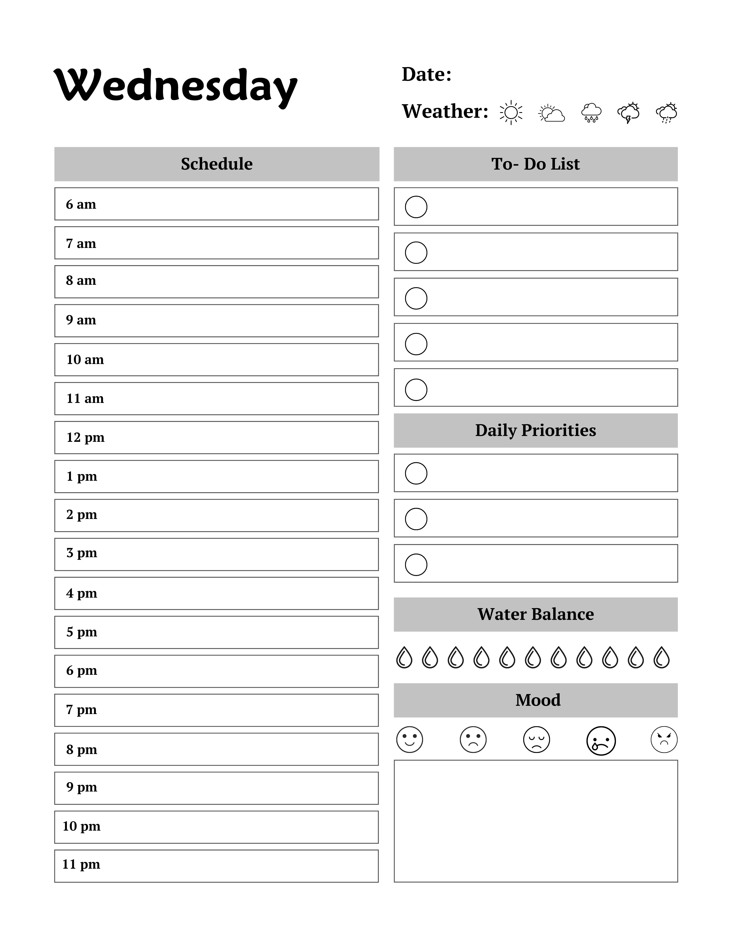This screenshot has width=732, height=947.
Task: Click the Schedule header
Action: click(x=216, y=164)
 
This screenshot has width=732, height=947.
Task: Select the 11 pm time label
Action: click(x=81, y=864)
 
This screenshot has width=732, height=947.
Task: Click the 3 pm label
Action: click(x=81, y=553)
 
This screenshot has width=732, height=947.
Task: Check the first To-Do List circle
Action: click(x=416, y=207)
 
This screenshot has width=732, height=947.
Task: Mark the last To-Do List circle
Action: click(x=416, y=389)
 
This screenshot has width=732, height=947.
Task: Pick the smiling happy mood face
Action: click(x=409, y=739)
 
